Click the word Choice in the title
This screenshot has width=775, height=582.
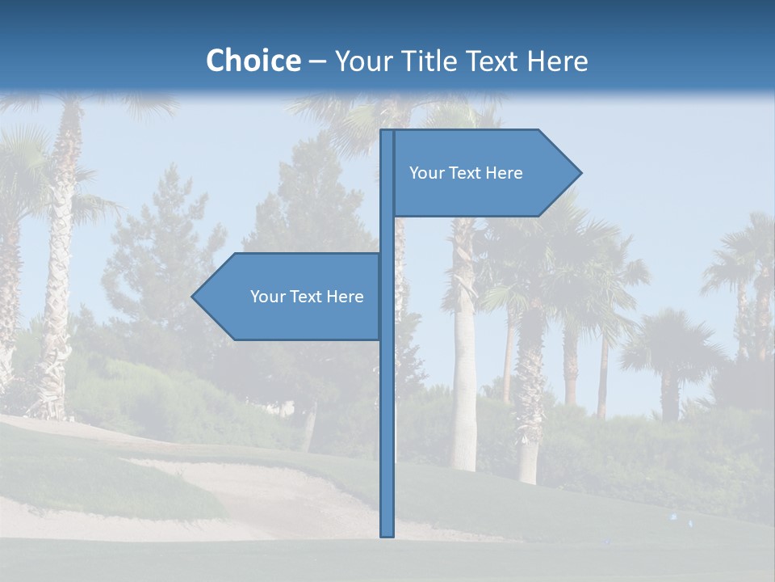pyautogui.click(x=253, y=61)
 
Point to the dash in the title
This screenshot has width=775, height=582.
pyautogui.click(x=317, y=62)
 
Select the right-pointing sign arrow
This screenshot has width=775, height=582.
pyautogui.click(x=484, y=173)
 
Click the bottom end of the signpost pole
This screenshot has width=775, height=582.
pyautogui.click(x=387, y=533)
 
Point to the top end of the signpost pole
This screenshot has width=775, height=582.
pyautogui.click(x=387, y=133)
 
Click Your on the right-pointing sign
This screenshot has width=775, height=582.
pyautogui.click(x=426, y=173)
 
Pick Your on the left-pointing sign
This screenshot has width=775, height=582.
pyautogui.click(x=267, y=297)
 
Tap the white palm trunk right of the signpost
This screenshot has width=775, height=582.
pyautogui.click(x=463, y=388)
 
